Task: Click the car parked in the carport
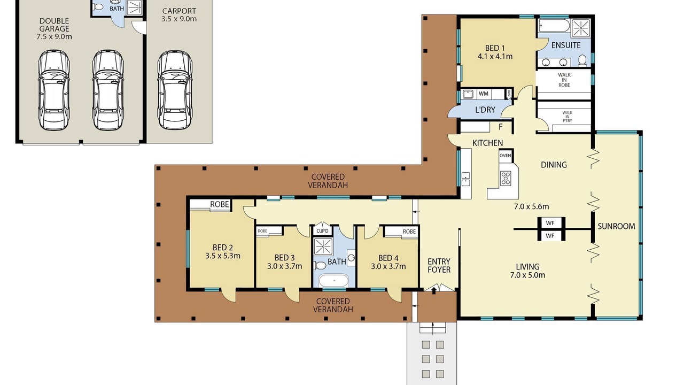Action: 175,90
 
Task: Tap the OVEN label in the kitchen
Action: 506,156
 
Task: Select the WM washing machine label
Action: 484,94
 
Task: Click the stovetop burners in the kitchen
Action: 506,179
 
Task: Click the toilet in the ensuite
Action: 582,60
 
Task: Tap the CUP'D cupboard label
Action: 322,231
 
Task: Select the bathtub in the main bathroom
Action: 334,280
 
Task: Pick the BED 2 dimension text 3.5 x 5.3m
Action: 223,256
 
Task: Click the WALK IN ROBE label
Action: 564,80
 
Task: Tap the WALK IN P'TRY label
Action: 568,117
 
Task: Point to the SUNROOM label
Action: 616,226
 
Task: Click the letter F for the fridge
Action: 501,127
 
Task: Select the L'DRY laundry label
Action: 485,110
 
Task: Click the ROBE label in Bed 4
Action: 409,232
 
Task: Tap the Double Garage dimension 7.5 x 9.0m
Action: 55,37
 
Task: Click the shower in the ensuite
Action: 581,28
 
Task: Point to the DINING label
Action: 554,165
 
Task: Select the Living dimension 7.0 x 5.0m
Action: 527,275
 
